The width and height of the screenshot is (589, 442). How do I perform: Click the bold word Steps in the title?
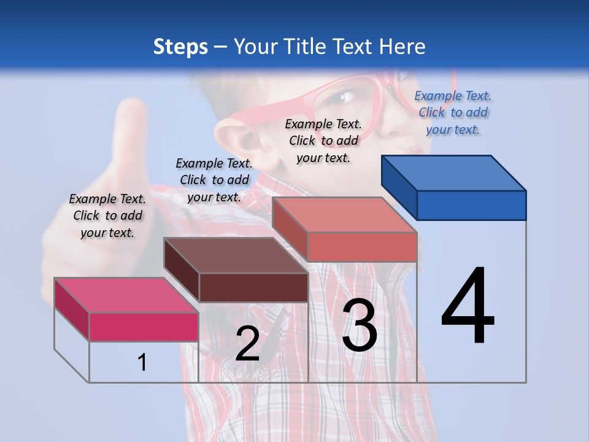click(x=180, y=47)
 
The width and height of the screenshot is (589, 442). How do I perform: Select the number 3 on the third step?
click(x=360, y=325)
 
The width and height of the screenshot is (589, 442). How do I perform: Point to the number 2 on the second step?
click(x=247, y=344)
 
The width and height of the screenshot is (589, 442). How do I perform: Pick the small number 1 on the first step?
click(x=142, y=362)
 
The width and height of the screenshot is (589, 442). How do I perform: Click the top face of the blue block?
click(x=453, y=173)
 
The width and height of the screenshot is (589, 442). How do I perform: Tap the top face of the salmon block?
click(x=344, y=215)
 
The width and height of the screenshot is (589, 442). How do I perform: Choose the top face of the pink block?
click(x=126, y=295)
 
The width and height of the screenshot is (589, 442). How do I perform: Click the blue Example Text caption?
click(x=453, y=112)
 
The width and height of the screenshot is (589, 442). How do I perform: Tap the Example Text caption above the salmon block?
click(x=323, y=141)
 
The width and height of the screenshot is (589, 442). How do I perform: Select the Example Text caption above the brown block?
click(x=214, y=180)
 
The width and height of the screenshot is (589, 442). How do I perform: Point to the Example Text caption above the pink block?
click(x=107, y=215)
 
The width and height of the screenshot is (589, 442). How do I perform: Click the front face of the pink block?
click(x=144, y=327)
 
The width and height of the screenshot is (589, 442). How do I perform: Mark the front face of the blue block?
click(x=471, y=205)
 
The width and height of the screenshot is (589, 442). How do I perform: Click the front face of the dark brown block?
click(x=253, y=287)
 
